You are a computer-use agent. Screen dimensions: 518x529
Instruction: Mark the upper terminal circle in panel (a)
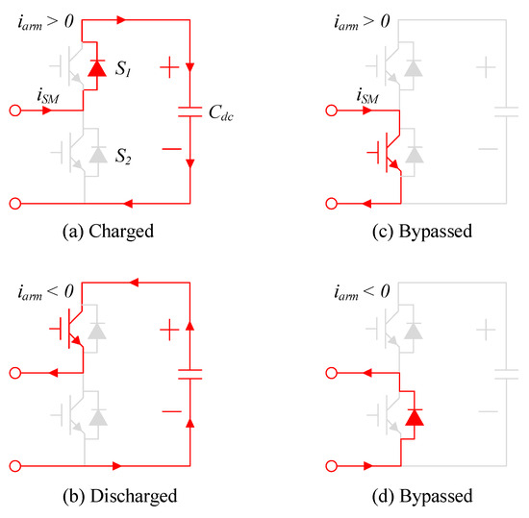(x=13, y=111)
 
